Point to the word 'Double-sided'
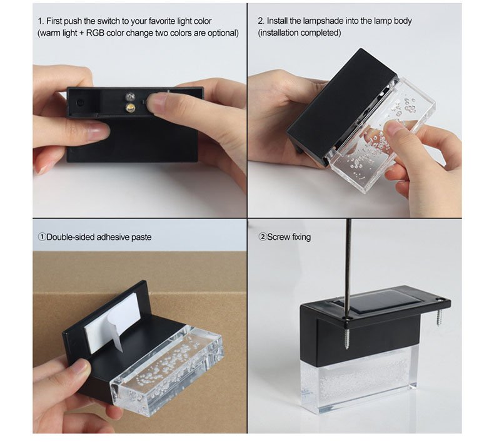(x=70, y=237)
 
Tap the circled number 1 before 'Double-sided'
(x=42, y=237)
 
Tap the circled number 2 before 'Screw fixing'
(x=263, y=237)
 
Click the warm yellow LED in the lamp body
(x=130, y=108)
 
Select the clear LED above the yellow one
(x=130, y=96)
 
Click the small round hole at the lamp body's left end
(x=80, y=103)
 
